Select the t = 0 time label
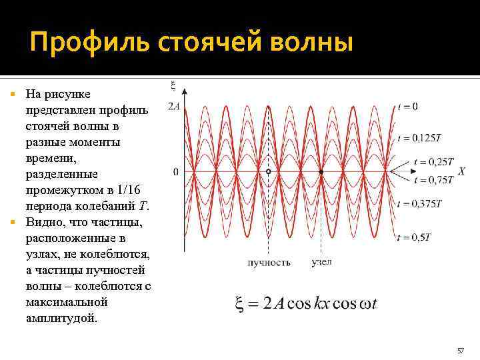tap(407, 107)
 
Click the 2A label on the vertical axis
tap(173, 107)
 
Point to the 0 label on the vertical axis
tap(175, 172)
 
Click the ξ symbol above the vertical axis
tap(173, 85)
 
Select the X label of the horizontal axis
tap(461, 171)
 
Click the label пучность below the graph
tap(269, 263)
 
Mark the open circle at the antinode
tap(268, 172)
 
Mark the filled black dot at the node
tap(321, 172)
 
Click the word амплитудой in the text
tap(61, 318)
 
